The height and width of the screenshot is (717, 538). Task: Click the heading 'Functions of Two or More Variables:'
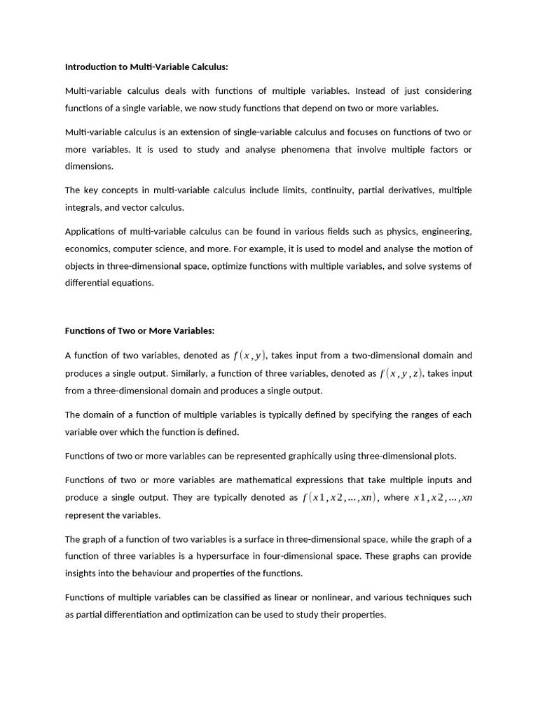click(139, 330)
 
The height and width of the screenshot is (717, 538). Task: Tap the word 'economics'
click(86, 249)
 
